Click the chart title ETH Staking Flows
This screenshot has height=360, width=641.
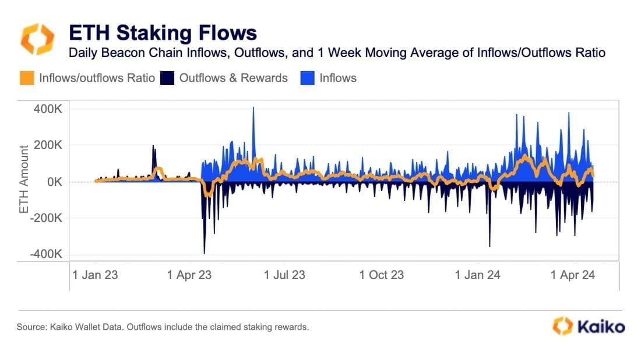click(x=163, y=31)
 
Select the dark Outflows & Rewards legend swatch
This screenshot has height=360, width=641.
click(x=167, y=77)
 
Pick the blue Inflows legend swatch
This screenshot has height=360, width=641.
click(x=307, y=77)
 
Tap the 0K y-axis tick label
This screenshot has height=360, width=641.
click(x=56, y=182)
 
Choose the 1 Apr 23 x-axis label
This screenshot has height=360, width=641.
click(x=189, y=274)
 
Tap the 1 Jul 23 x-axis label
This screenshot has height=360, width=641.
click(x=284, y=274)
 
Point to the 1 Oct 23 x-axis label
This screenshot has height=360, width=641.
click(x=381, y=274)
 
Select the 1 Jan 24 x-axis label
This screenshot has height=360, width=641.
click(x=477, y=274)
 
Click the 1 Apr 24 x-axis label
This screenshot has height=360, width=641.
click(x=572, y=274)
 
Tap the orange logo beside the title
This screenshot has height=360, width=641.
click(x=37, y=39)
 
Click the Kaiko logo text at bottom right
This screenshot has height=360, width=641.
click(x=601, y=326)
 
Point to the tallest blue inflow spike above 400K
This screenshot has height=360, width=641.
click(x=253, y=109)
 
